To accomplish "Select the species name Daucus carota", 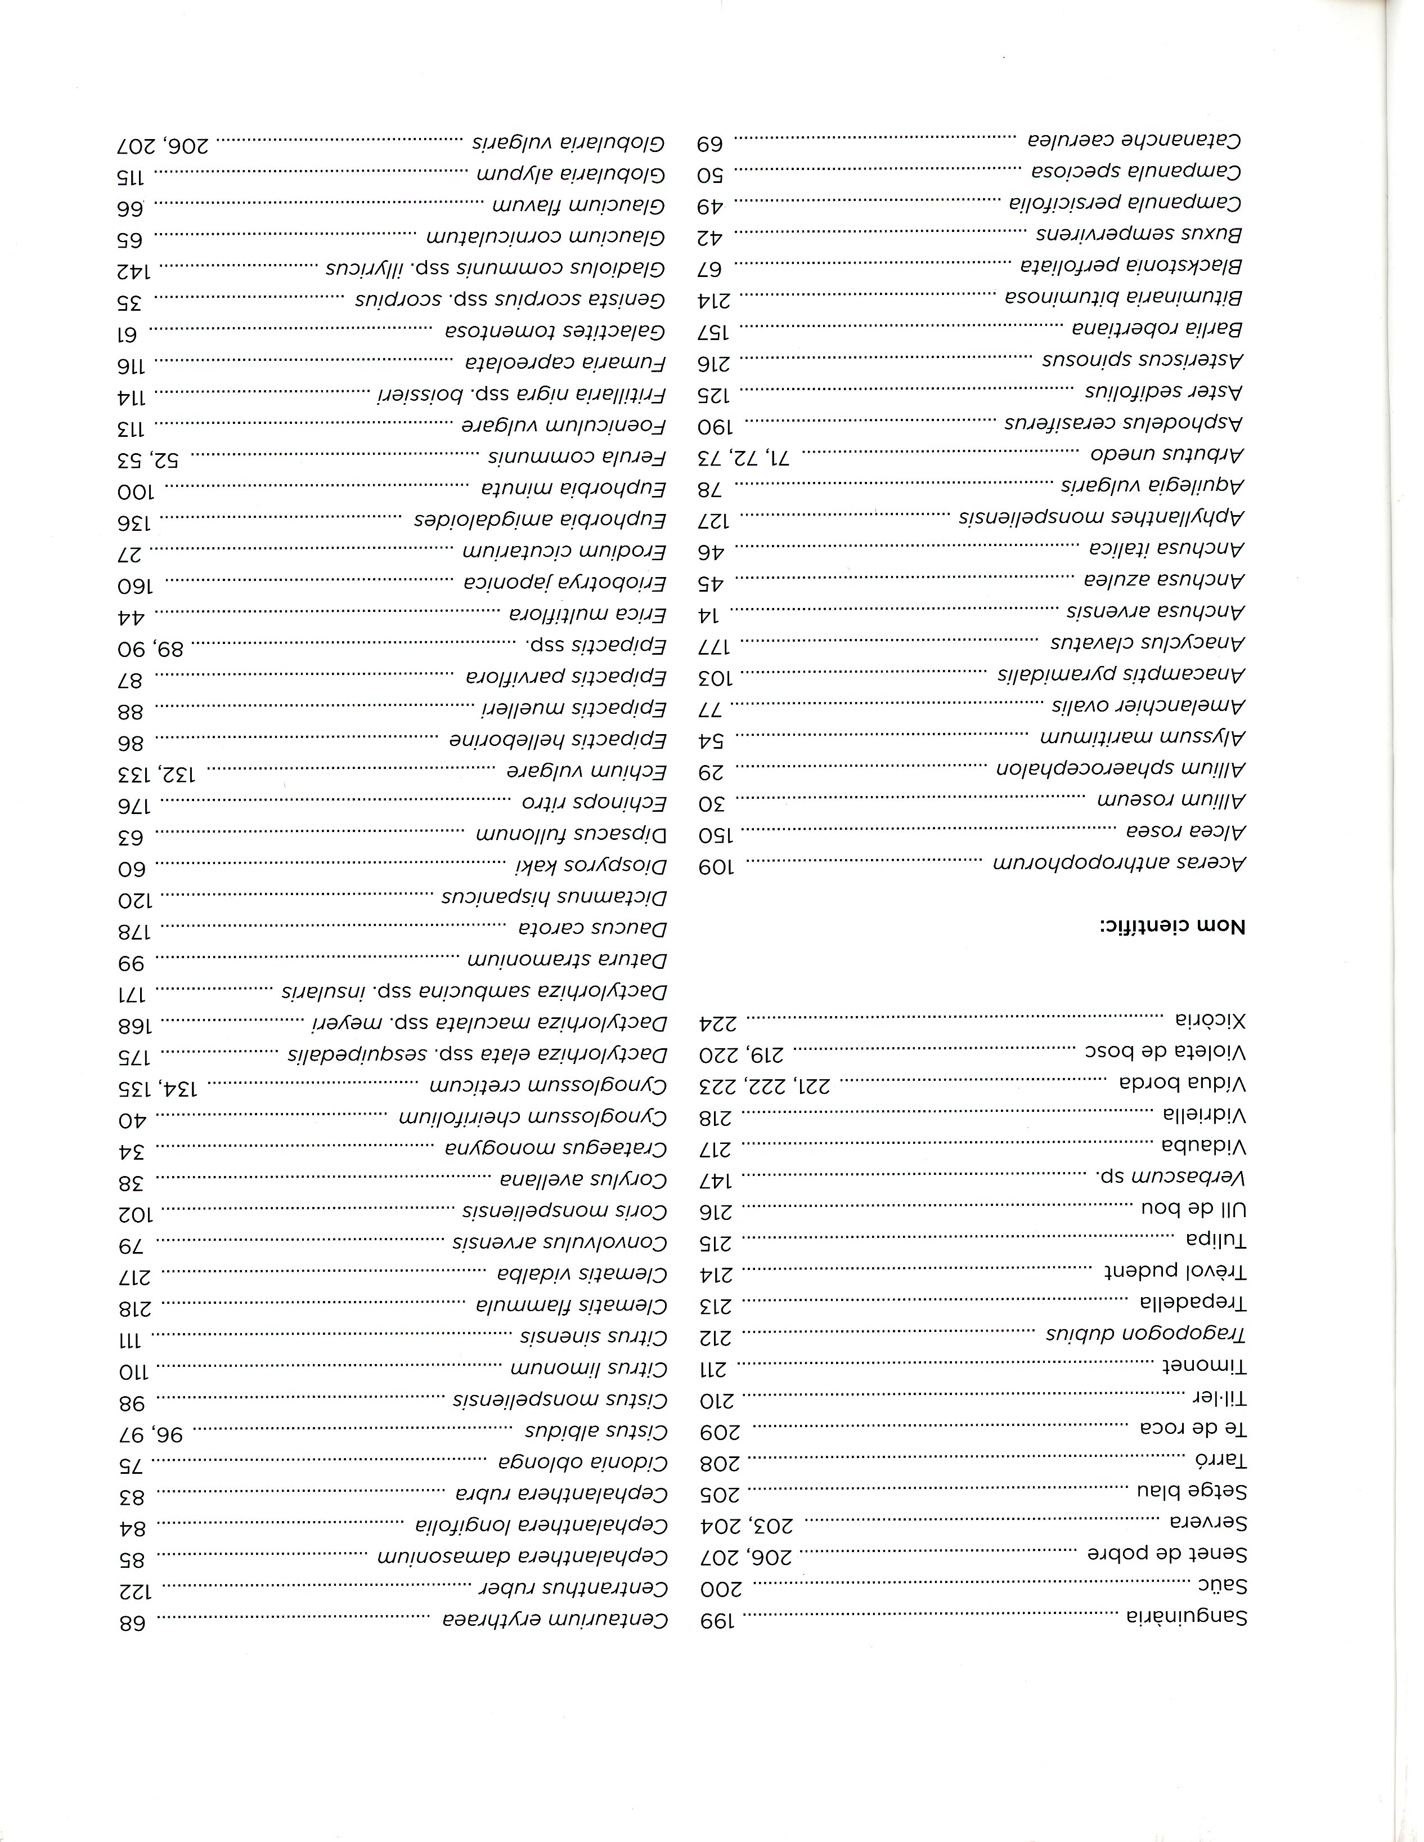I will pos(592,928).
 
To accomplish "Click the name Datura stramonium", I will pos(568,960).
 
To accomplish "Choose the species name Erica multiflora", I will pos(587,613).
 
